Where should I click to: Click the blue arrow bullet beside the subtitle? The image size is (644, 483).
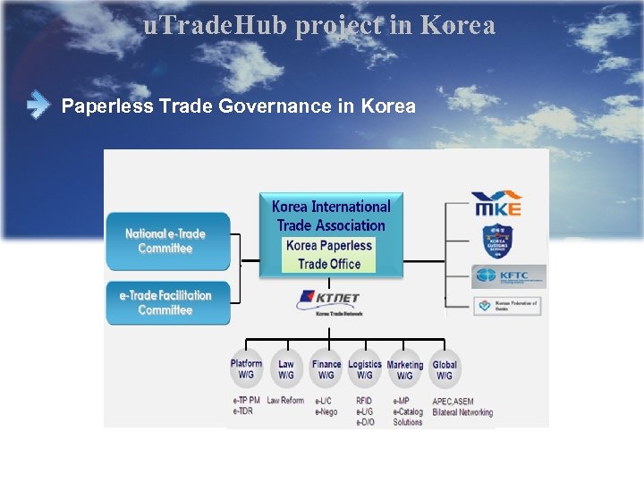[38, 106]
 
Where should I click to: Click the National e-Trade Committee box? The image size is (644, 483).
[168, 241]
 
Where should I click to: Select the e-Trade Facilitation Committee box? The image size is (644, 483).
[168, 302]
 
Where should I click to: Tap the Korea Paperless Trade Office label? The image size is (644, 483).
[329, 255]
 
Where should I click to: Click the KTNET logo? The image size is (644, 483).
[328, 301]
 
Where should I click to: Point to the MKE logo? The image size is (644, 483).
[496, 203]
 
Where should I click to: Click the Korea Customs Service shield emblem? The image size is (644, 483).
[496, 241]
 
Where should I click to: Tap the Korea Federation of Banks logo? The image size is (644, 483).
[507, 305]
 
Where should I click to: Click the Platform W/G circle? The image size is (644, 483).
[246, 369]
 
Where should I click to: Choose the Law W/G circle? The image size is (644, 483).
[286, 369]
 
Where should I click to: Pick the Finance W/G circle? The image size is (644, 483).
[326, 369]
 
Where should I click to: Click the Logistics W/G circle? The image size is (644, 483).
[365, 369]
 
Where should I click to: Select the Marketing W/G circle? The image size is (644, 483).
[405, 369]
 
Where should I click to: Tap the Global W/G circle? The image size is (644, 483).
[445, 369]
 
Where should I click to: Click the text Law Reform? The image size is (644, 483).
[285, 401]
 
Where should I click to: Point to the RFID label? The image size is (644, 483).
[364, 401]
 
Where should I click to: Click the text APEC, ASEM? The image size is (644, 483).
[453, 401]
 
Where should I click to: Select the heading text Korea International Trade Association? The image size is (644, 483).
[331, 216]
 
